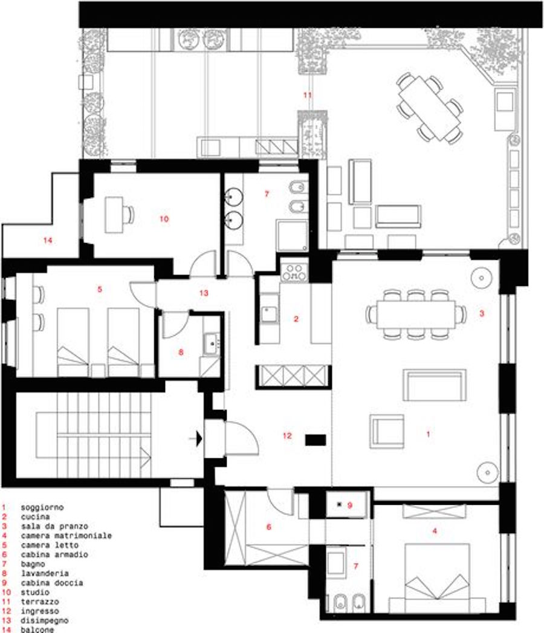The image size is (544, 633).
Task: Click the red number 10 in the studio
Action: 164,219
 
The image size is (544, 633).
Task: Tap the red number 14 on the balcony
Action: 48,241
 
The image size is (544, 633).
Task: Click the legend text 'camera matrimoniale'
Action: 66,536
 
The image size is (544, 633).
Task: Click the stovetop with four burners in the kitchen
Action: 294,271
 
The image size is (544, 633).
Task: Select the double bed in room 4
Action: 437,578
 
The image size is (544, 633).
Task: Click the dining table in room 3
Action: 416,314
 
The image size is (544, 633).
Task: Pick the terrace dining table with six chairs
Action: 429,108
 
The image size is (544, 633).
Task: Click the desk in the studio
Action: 114,215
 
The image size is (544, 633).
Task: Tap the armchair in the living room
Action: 387,432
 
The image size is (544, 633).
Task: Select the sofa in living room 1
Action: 435,385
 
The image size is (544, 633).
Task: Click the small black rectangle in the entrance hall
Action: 316,440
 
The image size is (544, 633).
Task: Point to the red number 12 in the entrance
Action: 287,436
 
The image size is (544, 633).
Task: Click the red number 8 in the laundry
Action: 181,352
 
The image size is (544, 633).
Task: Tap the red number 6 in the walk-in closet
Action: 269,527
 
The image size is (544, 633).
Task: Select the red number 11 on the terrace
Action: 308,96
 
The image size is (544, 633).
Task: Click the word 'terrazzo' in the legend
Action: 40,602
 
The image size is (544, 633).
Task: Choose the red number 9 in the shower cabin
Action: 350,505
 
